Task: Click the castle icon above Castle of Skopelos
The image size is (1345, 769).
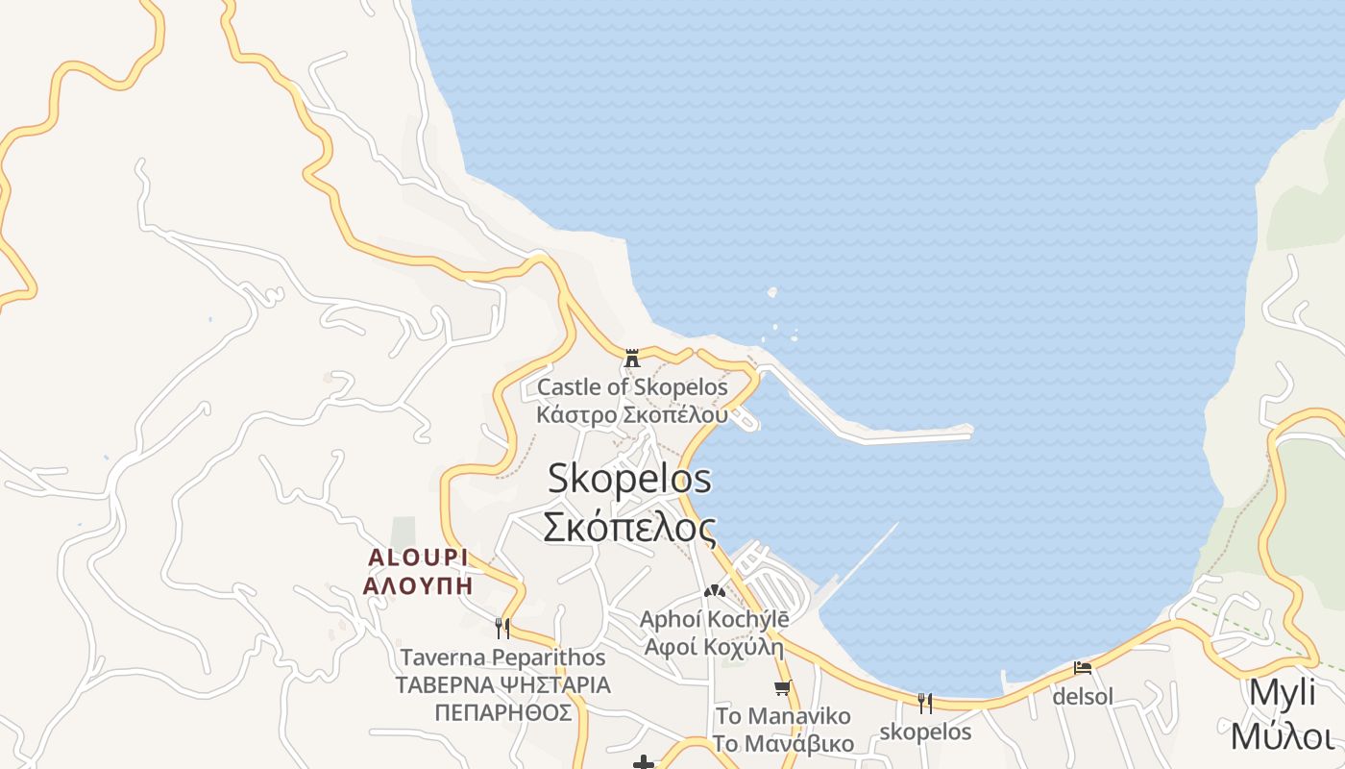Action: [632, 359]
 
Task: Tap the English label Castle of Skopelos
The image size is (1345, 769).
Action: [632, 387]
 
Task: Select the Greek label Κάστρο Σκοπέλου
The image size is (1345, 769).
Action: [632, 415]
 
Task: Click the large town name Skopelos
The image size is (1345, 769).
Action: [629, 479]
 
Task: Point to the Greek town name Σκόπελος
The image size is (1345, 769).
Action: [629, 527]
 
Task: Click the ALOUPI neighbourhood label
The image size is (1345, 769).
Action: [418, 558]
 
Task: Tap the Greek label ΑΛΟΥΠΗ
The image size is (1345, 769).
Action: [418, 584]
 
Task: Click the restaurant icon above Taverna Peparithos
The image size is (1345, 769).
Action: [501, 629]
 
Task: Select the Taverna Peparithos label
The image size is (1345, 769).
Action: [502, 657]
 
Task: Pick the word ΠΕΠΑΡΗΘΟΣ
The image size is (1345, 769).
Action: [502, 712]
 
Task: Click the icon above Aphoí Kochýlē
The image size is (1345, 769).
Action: [714, 591]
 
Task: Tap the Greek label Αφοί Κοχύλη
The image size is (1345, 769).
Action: [714, 646]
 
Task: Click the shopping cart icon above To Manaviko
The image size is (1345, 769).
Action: [783, 687]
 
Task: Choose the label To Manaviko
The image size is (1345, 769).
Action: [783, 716]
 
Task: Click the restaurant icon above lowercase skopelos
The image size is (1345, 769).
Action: [925, 703]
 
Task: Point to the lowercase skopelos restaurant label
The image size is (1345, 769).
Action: [925, 732]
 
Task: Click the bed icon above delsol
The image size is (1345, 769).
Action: [1083, 668]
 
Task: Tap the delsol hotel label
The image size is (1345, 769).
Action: [1083, 696]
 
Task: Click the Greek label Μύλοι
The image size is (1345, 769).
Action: [1282, 736]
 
